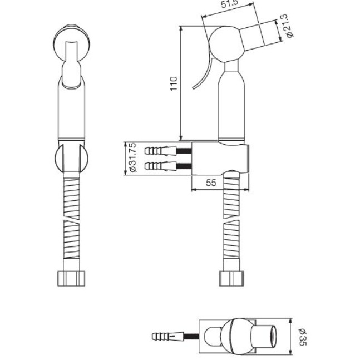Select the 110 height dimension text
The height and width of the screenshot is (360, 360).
coord(174,84)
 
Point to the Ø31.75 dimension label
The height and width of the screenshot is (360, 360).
coord(133,157)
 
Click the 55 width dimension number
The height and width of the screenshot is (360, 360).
coord(211,183)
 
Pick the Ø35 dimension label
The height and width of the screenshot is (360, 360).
coord(303,337)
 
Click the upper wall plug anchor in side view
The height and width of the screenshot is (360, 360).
coord(160,151)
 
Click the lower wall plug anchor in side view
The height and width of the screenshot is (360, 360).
coord(160,166)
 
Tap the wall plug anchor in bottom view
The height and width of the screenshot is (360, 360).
coord(168,337)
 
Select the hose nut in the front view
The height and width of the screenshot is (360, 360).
coord(71,279)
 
